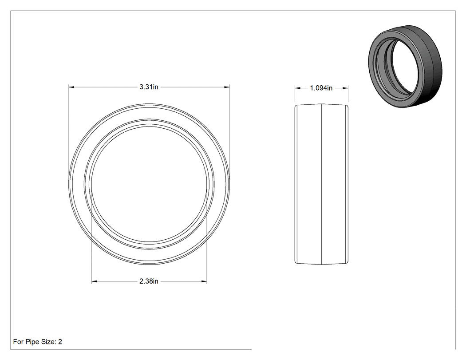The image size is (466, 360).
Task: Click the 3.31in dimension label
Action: [x=149, y=87]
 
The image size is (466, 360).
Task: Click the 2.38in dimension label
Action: [x=149, y=281]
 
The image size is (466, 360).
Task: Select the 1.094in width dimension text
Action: [x=321, y=88]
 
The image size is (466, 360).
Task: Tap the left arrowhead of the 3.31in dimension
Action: [x=71, y=87]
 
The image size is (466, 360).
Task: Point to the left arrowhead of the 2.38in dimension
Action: [x=94, y=281]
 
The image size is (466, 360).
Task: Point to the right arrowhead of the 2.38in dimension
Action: [x=204, y=281]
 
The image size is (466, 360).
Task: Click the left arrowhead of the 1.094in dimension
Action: [x=297, y=88]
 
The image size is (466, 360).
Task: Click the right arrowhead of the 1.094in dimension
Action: [x=345, y=88]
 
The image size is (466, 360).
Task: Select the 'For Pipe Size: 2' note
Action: [x=37, y=342]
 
